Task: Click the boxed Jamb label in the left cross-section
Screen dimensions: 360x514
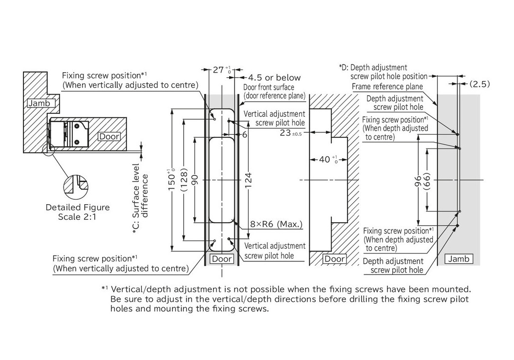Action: (42, 103)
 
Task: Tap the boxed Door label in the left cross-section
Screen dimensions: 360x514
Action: (109, 137)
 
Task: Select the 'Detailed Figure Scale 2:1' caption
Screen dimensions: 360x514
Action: (78, 212)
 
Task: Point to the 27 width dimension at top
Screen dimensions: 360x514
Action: (219, 70)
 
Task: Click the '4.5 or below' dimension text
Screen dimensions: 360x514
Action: (275, 78)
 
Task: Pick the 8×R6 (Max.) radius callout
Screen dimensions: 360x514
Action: (276, 225)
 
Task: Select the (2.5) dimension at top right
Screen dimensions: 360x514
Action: (479, 84)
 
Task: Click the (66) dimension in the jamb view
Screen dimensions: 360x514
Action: (428, 181)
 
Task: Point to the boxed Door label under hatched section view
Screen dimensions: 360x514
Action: (335, 259)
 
